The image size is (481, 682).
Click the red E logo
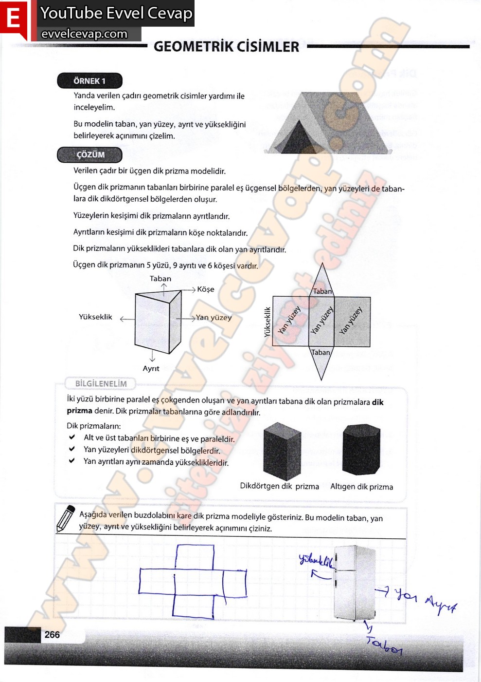(x=14, y=19)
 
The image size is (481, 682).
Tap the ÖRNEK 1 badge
(x=89, y=81)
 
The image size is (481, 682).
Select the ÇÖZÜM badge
(x=90, y=155)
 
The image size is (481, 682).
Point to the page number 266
(x=52, y=634)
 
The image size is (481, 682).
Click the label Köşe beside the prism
(x=206, y=289)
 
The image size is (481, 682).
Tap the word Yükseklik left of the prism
(x=95, y=317)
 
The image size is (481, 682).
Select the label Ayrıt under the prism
(x=151, y=369)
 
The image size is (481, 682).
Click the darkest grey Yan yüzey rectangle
(x=352, y=322)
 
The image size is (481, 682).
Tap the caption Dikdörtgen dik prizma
(x=279, y=486)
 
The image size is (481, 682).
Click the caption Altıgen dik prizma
(x=361, y=487)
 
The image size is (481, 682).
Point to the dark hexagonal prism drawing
(x=361, y=449)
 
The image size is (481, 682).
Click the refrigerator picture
(x=354, y=583)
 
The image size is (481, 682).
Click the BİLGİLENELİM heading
(x=101, y=384)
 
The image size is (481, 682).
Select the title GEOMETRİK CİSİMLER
(x=226, y=47)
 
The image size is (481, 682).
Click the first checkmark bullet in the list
(x=72, y=437)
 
